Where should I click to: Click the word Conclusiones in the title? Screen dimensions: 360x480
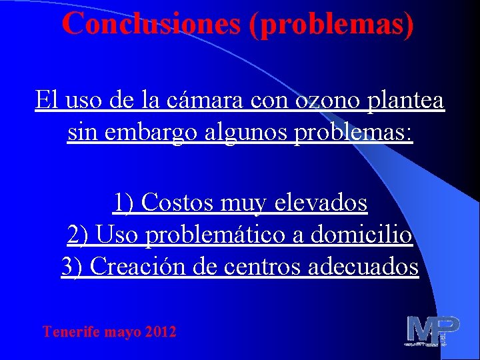pos(151,24)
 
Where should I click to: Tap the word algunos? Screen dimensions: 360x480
pos(239,133)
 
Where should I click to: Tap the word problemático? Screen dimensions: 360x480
pos(214,234)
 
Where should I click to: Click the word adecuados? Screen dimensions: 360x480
pos(362,267)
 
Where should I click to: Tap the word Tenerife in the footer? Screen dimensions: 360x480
pos(71,331)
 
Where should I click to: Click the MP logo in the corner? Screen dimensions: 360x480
pos(433,331)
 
